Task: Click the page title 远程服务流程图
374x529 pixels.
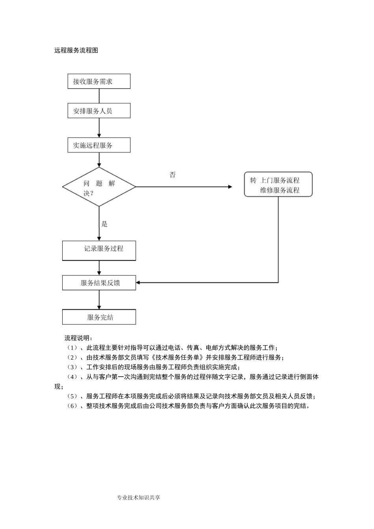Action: click(x=76, y=50)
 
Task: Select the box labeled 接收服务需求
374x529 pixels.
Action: click(x=99, y=81)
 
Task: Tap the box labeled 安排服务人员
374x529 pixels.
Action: click(x=99, y=111)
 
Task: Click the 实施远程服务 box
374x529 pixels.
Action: click(x=99, y=145)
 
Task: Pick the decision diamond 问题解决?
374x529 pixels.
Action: click(x=99, y=187)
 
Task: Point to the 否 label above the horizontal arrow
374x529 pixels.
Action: click(x=172, y=175)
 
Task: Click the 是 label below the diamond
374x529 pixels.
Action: click(x=104, y=224)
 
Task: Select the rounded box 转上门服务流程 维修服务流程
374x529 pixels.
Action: click(x=278, y=185)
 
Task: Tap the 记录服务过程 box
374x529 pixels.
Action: click(x=99, y=250)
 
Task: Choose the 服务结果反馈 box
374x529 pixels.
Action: click(x=99, y=283)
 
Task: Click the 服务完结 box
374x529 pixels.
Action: click(x=99, y=317)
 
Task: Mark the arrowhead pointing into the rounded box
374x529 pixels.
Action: click(x=230, y=187)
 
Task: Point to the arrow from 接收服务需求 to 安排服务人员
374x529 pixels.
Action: click(x=99, y=96)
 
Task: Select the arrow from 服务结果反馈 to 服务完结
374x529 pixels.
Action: click(x=99, y=300)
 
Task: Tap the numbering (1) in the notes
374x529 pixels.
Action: click(x=73, y=348)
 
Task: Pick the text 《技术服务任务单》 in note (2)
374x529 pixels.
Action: click(x=178, y=357)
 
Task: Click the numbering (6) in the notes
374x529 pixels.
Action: click(x=73, y=406)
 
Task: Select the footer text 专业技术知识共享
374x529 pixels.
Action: click(x=139, y=498)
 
